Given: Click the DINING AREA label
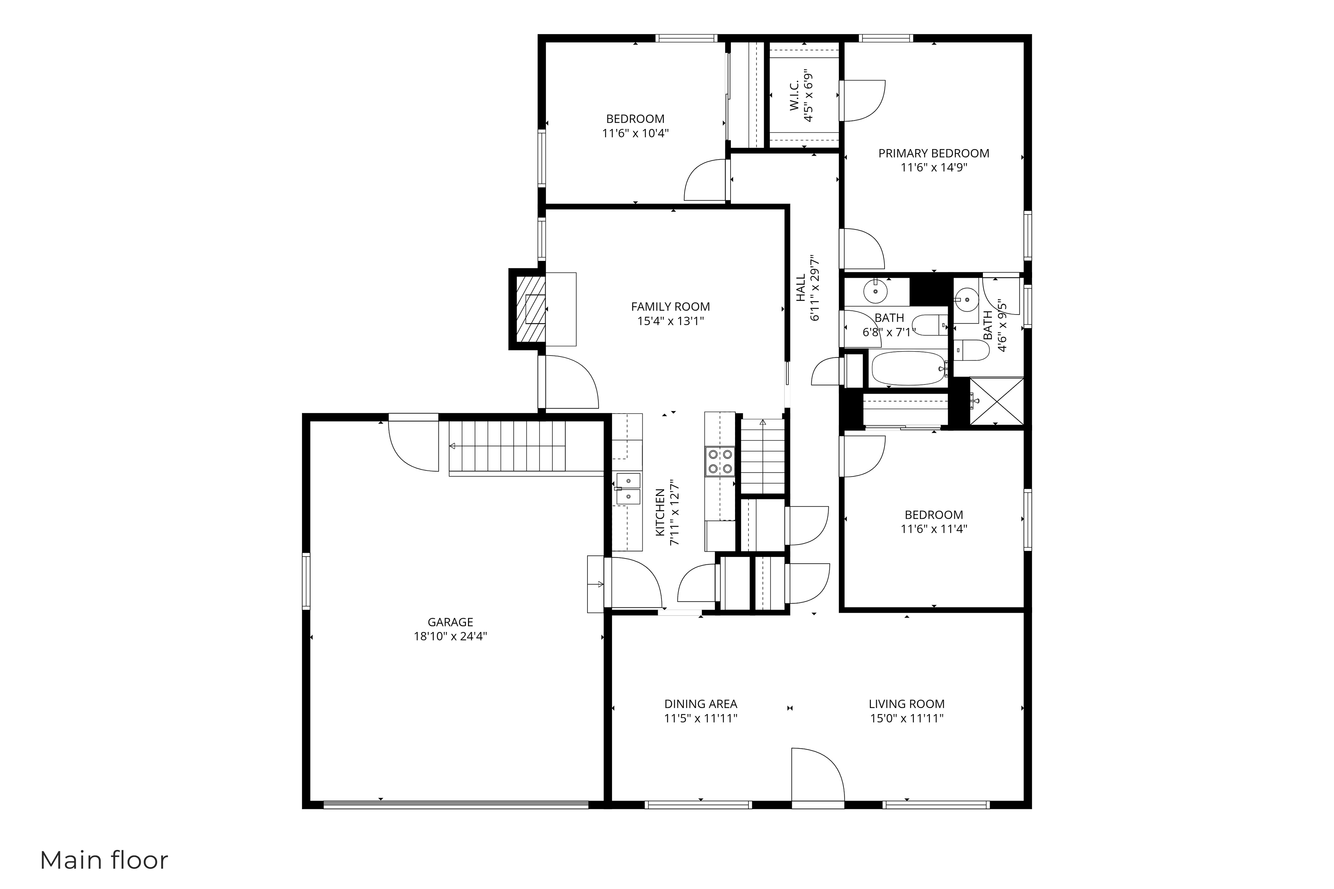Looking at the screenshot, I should (701, 704).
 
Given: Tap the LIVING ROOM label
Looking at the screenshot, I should (906, 704).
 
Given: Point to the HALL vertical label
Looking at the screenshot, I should (801, 288).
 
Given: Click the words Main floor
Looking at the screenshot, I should (104, 860).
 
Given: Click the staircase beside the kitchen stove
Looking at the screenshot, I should (762, 457).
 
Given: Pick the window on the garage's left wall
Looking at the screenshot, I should (306, 581).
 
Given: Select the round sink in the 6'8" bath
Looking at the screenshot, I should (875, 291).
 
